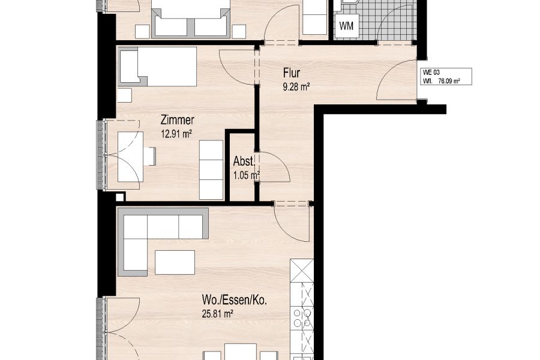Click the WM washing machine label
(x=346, y=26)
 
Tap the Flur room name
(x=292, y=73)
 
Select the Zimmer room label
(x=178, y=120)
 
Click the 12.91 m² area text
(x=176, y=134)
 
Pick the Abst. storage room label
(x=244, y=161)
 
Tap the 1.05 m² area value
(x=247, y=176)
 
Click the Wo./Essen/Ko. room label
(x=234, y=301)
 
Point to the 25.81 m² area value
(x=218, y=314)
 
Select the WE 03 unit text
(x=431, y=73)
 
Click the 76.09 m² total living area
(x=449, y=82)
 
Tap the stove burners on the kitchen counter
(x=302, y=318)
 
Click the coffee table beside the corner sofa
(x=175, y=262)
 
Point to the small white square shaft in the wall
(x=119, y=197)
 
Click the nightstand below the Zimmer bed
(x=124, y=95)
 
